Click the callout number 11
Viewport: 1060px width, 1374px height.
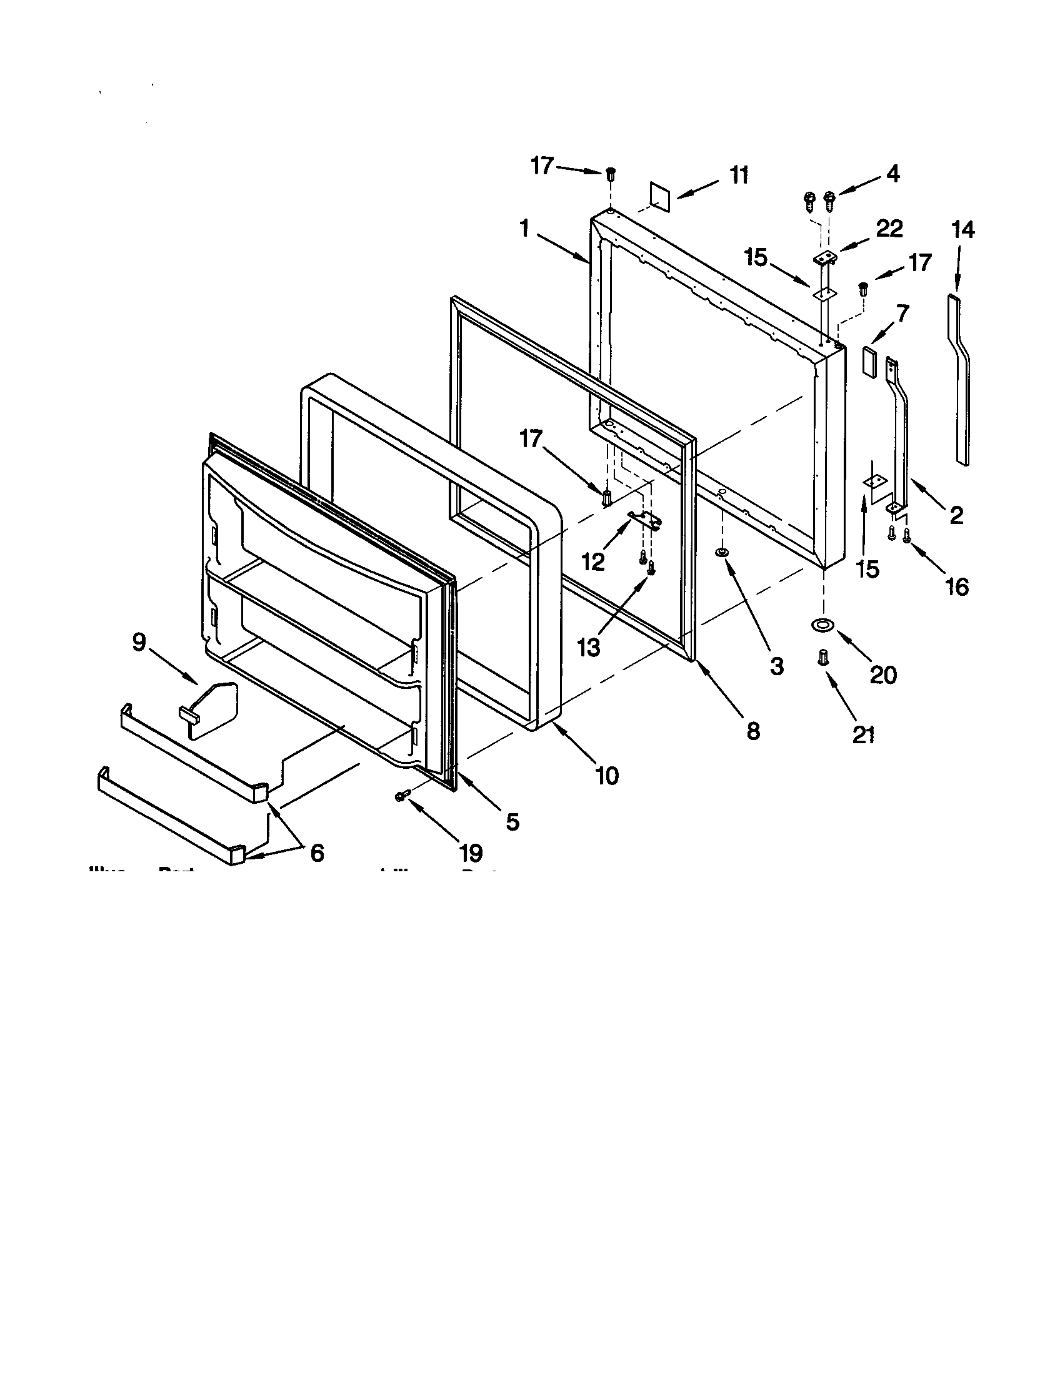(739, 175)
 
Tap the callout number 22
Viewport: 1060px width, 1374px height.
(889, 229)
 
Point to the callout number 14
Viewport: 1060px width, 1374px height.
(962, 230)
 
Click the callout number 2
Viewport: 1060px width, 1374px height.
(956, 516)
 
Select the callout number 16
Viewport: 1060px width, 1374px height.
(957, 587)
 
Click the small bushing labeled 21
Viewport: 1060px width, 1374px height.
(823, 658)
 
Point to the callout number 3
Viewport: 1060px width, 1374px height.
(776, 666)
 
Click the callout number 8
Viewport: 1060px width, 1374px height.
(753, 731)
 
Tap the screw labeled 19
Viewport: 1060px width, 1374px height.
(401, 796)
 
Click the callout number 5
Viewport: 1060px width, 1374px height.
(512, 821)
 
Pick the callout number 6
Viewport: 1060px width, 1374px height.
(317, 853)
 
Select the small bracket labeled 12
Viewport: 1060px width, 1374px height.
(645, 518)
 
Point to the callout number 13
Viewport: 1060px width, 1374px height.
(589, 648)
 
